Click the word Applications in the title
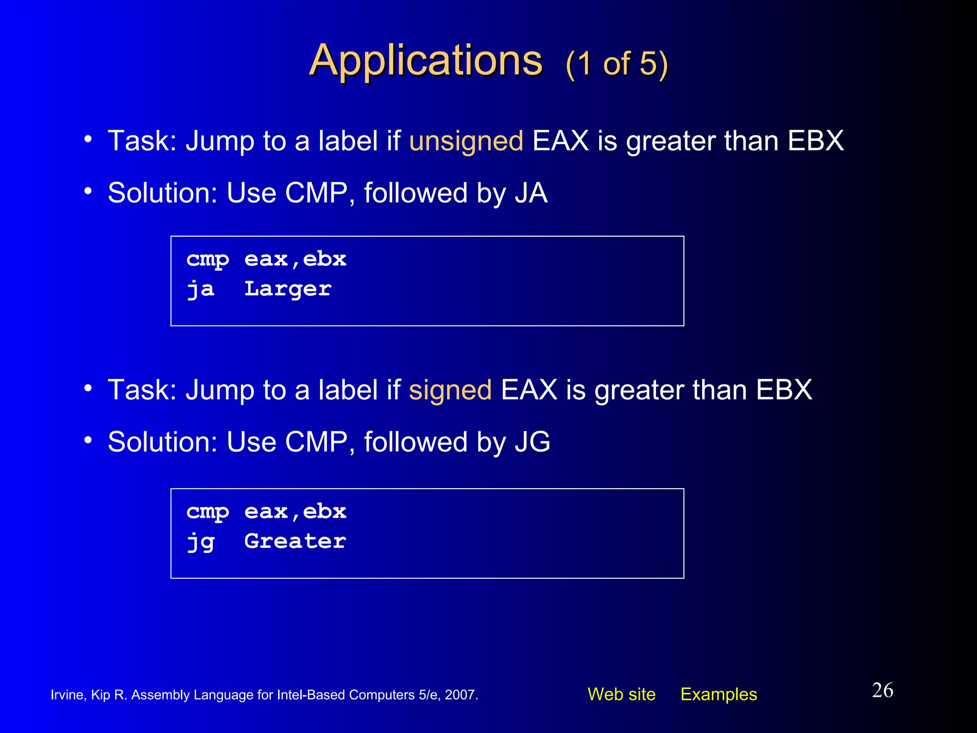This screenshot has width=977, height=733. point(426,61)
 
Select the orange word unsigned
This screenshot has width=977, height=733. point(466,141)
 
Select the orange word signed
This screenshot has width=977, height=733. point(450,390)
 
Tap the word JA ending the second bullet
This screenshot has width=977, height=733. point(531,193)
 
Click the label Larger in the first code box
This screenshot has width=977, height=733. point(288,289)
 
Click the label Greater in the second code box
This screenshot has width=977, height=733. point(295,541)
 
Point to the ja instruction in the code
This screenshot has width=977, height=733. point(200,289)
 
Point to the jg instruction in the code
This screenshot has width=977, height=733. point(200,542)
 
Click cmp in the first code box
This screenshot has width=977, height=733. point(208,260)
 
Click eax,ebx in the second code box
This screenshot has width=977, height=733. point(295,512)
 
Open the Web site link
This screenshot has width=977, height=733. point(621,694)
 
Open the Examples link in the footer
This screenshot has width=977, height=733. point(718,694)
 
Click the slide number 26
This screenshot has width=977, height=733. point(882,691)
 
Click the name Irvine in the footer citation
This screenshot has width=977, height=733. point(67,695)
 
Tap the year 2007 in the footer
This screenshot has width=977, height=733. point(460,695)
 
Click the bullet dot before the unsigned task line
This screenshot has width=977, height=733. point(88,140)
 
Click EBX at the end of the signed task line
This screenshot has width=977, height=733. point(784,390)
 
